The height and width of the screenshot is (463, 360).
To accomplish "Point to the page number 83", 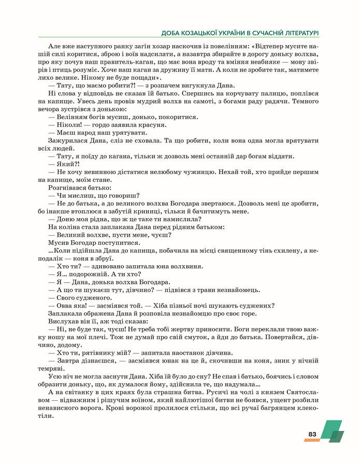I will (x=312, y=434).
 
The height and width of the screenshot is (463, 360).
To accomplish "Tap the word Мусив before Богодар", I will (x=58, y=242).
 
